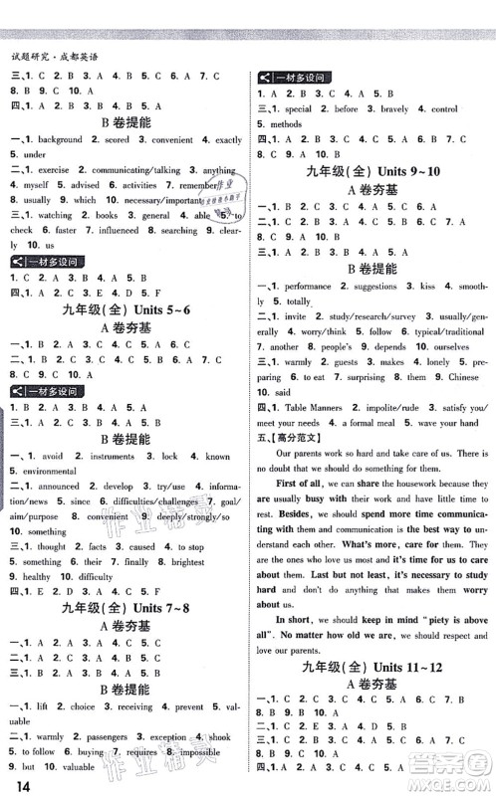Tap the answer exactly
[228, 141]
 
